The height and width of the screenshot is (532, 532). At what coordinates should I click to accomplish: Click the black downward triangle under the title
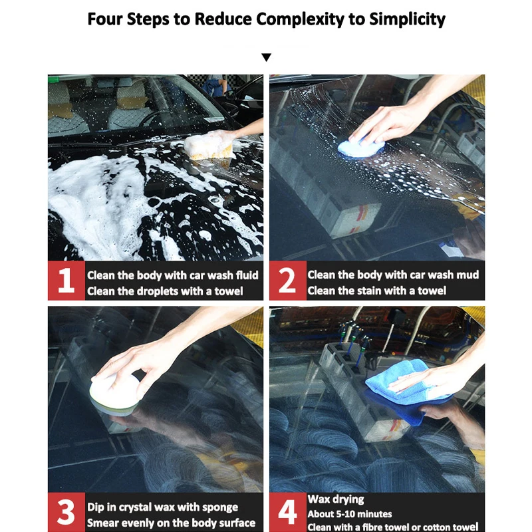(x=267, y=57)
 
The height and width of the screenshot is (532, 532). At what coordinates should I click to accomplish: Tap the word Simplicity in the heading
(x=407, y=19)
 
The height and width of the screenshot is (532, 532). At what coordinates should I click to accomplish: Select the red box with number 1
(x=66, y=281)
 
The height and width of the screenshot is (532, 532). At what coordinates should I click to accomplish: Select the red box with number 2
(x=288, y=281)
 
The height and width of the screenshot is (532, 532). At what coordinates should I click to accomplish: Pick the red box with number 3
(x=66, y=512)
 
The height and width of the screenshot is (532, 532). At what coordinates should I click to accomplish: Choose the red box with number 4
(x=288, y=512)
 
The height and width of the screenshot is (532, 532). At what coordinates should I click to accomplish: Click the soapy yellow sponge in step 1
(x=209, y=146)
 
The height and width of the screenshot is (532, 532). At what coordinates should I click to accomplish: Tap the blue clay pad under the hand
(x=360, y=148)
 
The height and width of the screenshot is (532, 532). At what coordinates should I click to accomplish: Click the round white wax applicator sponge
(x=114, y=394)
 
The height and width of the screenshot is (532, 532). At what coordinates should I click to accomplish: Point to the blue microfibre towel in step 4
(x=407, y=390)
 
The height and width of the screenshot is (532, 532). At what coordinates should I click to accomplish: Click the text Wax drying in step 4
(x=336, y=499)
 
